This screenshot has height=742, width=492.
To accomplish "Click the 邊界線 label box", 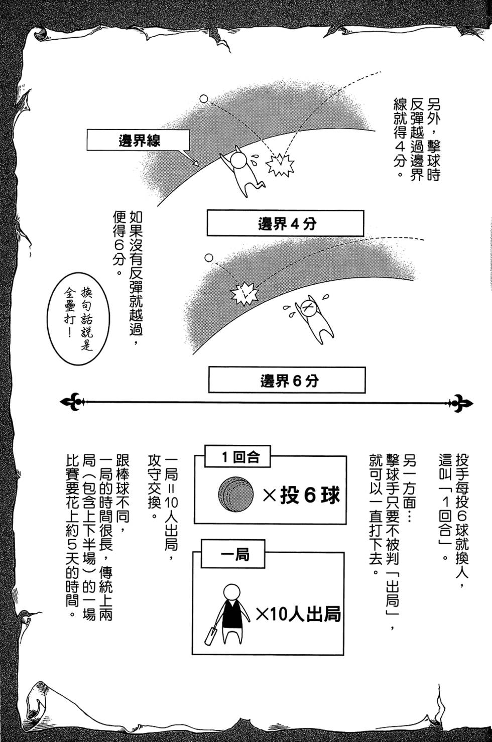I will tap(138, 141).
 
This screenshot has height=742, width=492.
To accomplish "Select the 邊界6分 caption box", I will tap(287, 381).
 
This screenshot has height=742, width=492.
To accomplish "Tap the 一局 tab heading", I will tap(234, 555).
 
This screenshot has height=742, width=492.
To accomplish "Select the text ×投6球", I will tap(301, 496).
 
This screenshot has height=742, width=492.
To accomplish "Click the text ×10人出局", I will tap(298, 613).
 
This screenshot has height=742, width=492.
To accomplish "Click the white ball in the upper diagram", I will tap(204, 99).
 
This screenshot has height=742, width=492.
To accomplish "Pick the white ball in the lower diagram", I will tap(209, 258).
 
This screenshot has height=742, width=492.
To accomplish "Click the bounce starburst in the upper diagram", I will tap(280, 164).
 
